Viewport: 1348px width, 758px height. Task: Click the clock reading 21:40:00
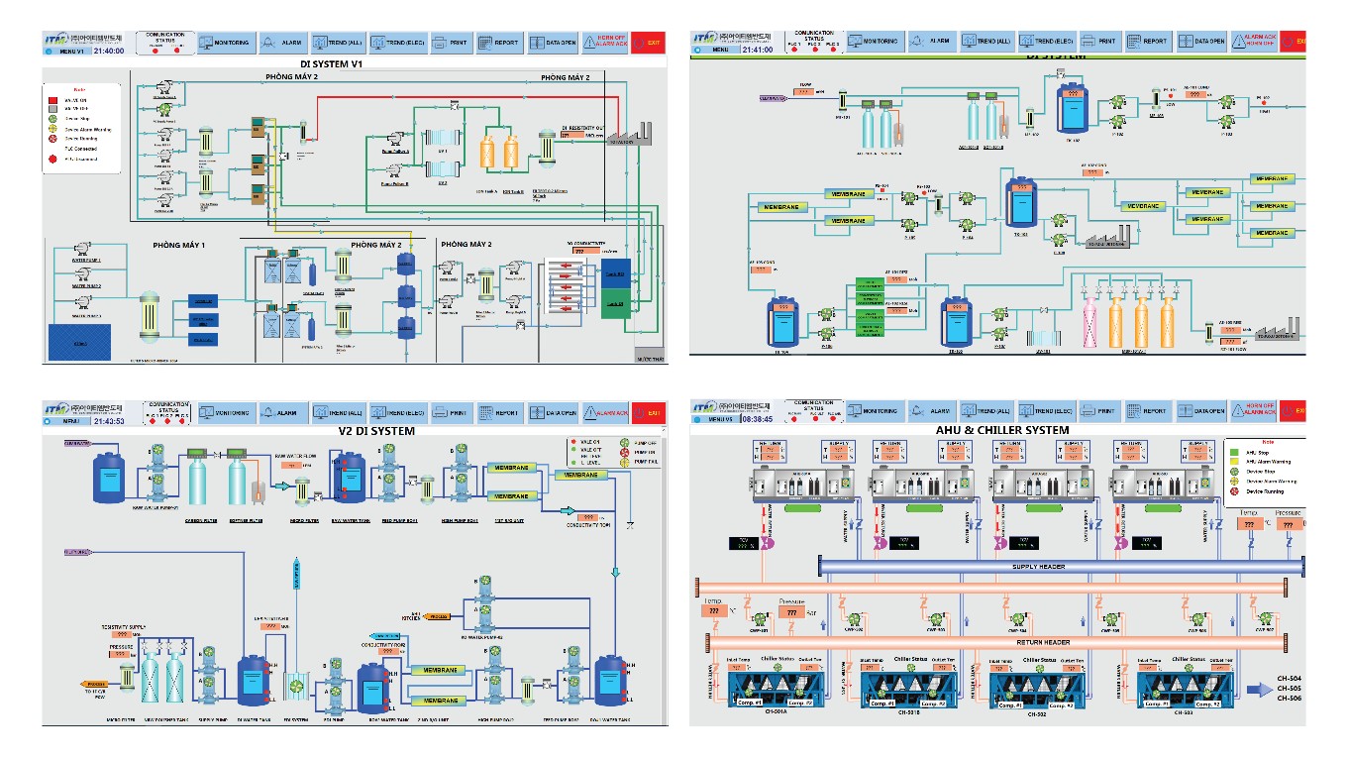coord(108,50)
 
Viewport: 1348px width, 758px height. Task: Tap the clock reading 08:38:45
coord(759,418)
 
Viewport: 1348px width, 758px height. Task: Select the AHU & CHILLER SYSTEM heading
coord(1002,430)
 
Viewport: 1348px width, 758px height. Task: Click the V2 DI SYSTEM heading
coord(376,431)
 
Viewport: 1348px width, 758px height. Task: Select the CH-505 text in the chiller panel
coord(1289,688)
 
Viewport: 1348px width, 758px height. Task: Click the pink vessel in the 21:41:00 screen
coord(1092,323)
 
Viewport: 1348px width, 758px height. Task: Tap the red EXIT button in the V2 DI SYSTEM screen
coord(649,412)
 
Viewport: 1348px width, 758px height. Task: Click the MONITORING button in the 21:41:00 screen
coord(873,42)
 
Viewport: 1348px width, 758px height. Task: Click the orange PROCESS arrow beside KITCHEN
coord(435,616)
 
